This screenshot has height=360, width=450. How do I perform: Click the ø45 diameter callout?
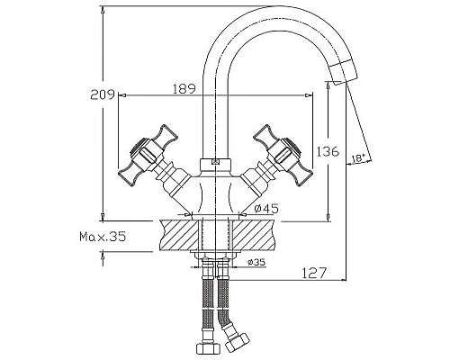(266, 209)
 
